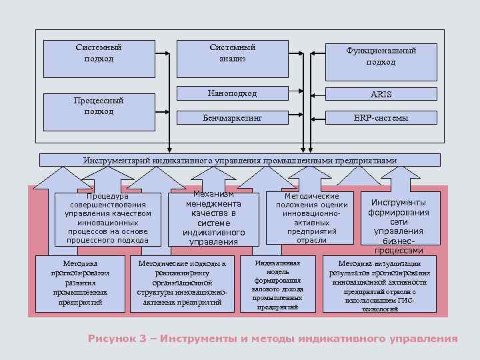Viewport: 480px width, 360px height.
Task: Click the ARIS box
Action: pos(381,94)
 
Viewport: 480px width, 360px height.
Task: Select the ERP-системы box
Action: pos(381,117)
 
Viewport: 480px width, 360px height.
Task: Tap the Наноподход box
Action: pos(232,93)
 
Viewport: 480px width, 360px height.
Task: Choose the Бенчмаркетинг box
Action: pos(232,117)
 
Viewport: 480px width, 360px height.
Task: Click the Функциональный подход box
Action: pos(381,57)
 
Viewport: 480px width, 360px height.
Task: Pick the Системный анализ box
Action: pos(232,53)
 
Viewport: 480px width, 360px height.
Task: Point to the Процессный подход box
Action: pos(99,106)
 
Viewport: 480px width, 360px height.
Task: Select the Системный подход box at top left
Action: pos(99,53)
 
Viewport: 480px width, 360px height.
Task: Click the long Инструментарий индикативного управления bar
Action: pos(240,160)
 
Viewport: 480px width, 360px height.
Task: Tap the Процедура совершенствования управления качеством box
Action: pos(107,218)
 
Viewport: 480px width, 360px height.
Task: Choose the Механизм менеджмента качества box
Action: pos(213,218)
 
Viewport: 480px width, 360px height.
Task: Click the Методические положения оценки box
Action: pos(311,218)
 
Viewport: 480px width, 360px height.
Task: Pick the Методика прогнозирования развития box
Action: pos(80,283)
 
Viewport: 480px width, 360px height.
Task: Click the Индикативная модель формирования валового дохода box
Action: pos(277,284)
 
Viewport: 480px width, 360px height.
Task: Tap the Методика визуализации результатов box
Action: pos(379,284)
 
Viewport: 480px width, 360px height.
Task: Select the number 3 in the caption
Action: pos(143,339)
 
